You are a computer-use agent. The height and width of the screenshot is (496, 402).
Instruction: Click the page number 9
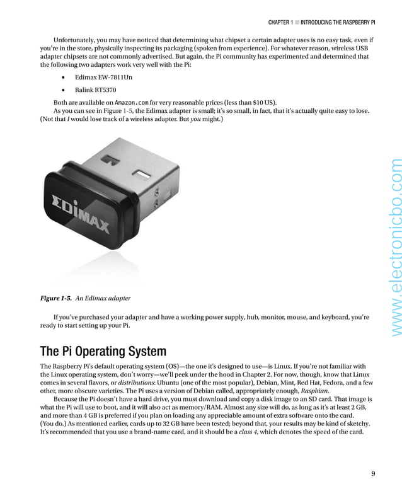click(373, 474)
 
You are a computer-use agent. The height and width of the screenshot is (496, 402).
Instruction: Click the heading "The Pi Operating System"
click(103, 351)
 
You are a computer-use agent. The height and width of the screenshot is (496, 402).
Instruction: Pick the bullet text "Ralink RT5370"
click(96, 89)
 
